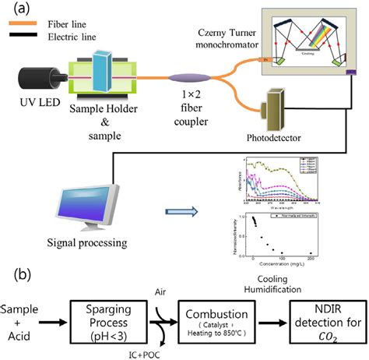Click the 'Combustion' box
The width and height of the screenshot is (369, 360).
tap(219, 319)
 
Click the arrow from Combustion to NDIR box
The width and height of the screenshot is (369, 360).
tap(273, 319)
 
